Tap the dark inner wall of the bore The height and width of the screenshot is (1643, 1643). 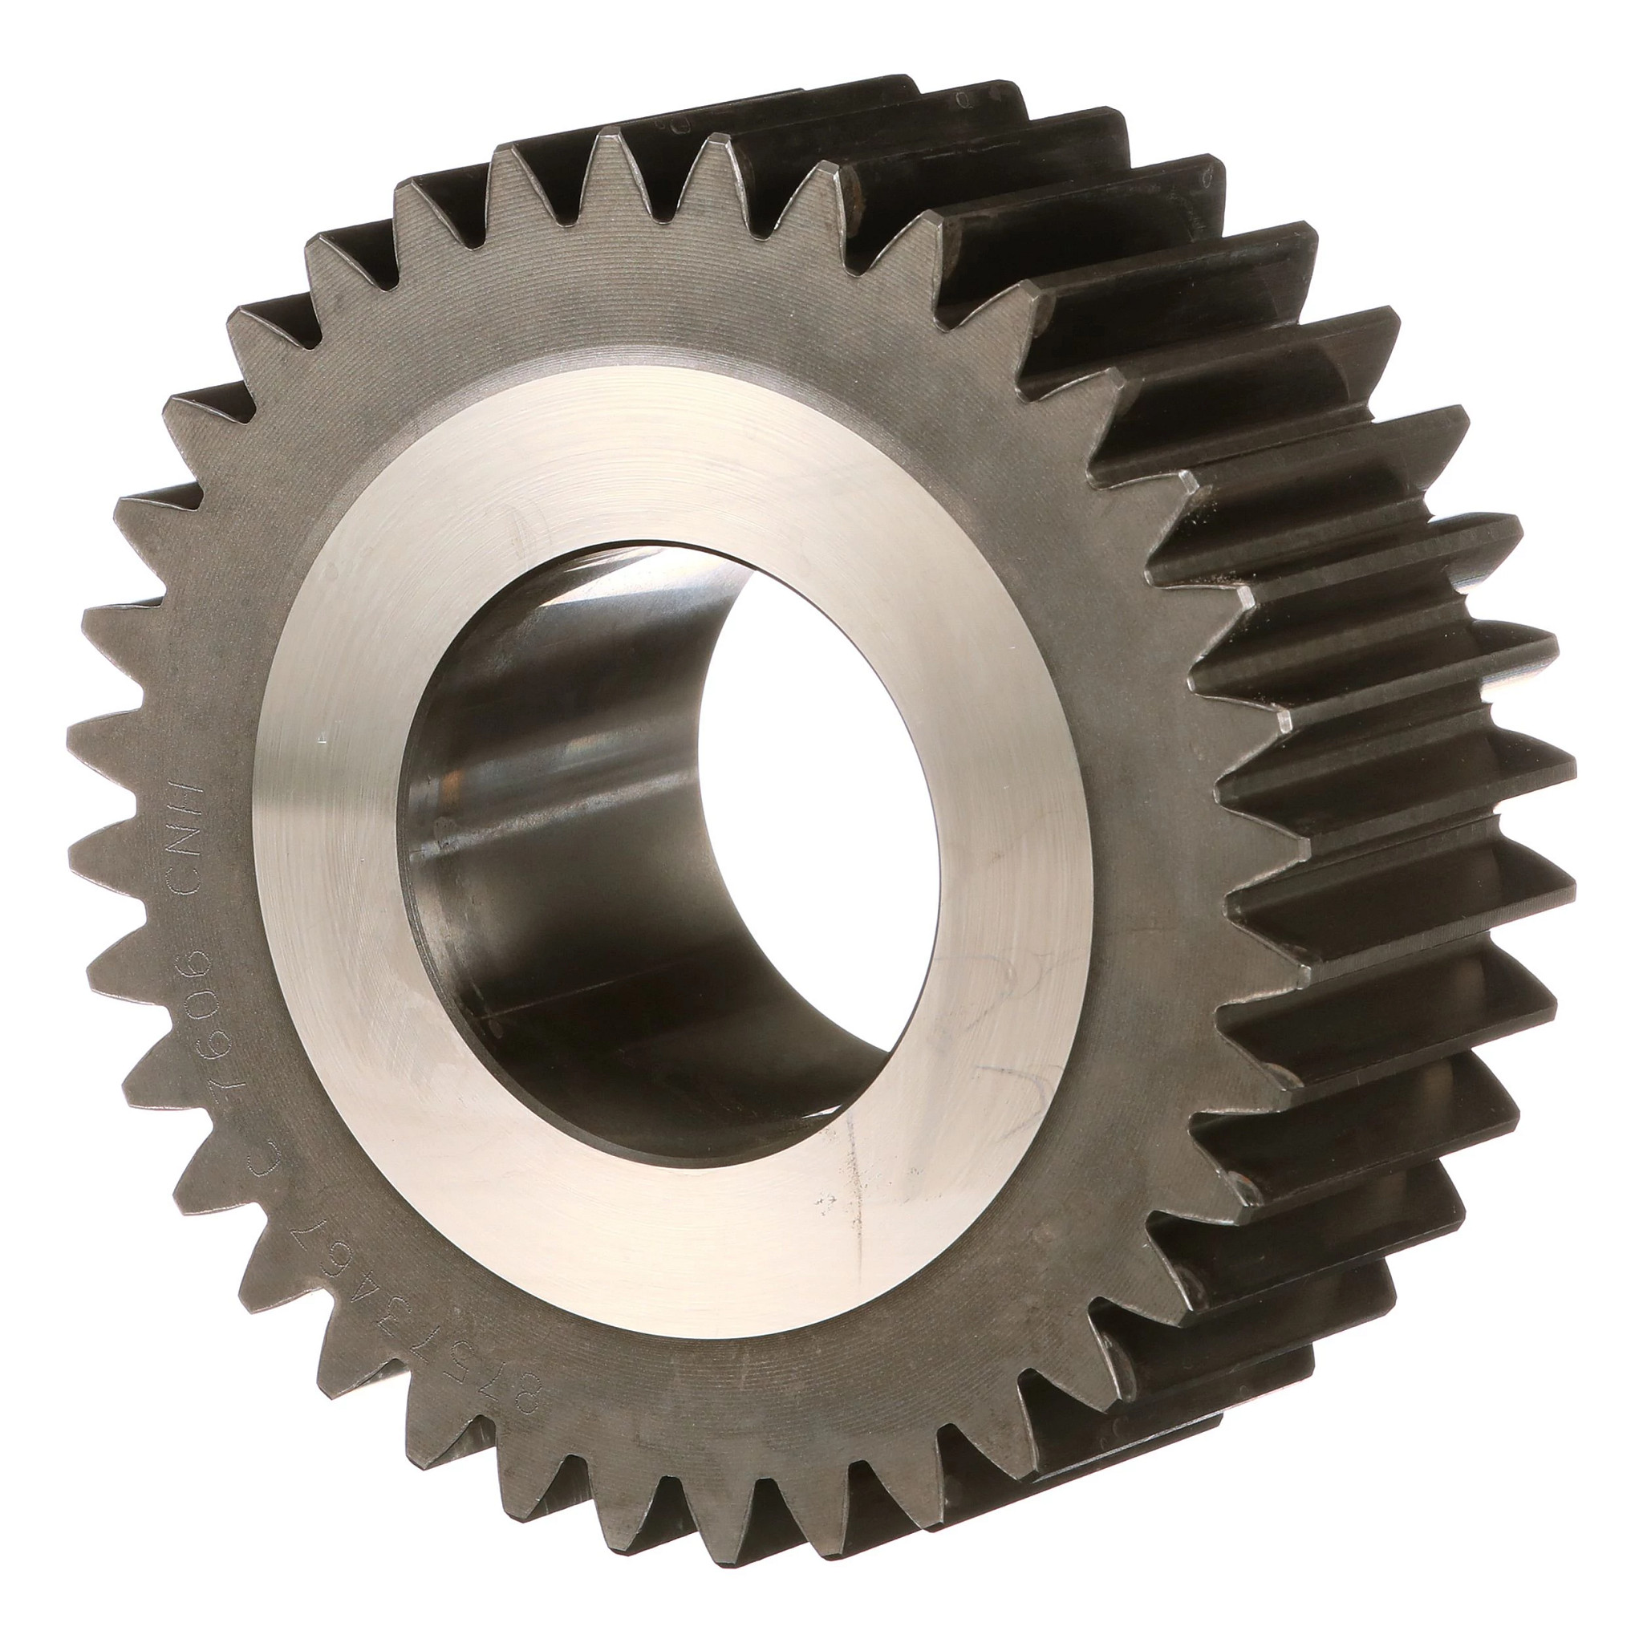coord(544,850)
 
